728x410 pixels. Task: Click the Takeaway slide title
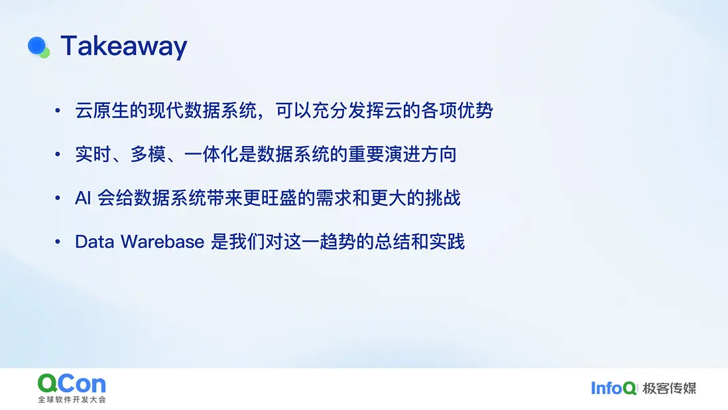(x=124, y=47)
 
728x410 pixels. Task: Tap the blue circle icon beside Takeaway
(x=36, y=46)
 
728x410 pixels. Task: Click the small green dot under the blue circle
(x=45, y=53)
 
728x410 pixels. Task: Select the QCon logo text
(x=72, y=384)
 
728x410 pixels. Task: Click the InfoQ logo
(x=613, y=388)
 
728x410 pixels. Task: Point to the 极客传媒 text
(x=670, y=388)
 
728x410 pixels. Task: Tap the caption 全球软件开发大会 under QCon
(x=72, y=399)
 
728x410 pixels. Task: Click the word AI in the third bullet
(x=83, y=198)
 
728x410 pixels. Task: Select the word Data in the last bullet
(x=93, y=242)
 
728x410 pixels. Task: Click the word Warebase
(x=162, y=242)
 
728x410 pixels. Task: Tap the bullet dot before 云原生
(x=58, y=111)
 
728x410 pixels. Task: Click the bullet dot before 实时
(x=58, y=154)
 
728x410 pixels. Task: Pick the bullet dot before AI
(x=58, y=198)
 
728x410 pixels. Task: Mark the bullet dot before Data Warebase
(x=58, y=242)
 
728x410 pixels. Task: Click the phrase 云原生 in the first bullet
(x=102, y=111)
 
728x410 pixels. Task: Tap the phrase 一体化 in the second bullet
(x=212, y=154)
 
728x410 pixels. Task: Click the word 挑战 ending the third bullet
(x=443, y=198)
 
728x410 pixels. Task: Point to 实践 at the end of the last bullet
(x=447, y=242)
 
